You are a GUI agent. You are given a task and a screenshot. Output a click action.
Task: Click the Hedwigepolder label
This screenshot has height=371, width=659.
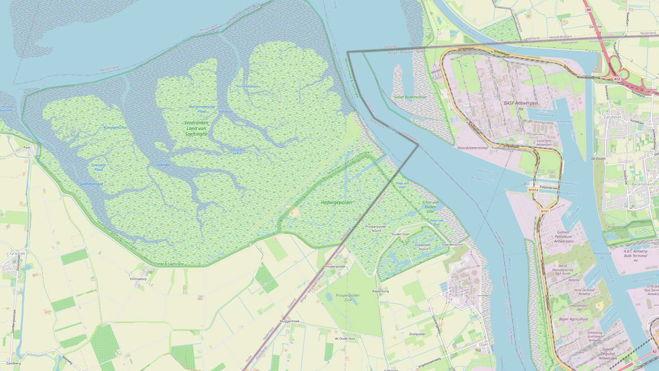coord(336,203)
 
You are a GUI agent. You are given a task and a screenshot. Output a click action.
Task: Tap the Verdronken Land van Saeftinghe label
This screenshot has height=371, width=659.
coord(196,128)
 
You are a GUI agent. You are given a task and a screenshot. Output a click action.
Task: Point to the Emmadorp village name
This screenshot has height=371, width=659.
coord(138,279)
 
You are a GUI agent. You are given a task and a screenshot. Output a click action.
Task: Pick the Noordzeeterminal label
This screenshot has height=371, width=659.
coord(472,148)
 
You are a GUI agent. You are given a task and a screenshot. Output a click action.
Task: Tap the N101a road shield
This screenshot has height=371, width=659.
coord(533,190)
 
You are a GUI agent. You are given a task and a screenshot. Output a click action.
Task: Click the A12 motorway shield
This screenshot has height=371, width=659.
coord(617,79)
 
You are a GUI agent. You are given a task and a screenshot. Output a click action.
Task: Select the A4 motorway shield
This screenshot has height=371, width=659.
coord(588,10)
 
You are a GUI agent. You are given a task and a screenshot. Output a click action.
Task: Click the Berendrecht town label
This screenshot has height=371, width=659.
coord(641,183)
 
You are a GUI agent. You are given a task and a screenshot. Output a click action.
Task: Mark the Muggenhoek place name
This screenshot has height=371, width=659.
coord(289,321)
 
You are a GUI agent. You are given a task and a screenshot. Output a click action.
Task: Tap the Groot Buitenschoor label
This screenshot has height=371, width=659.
coord(410,97)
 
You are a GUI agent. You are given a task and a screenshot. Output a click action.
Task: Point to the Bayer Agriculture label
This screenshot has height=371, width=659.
coord(573,319)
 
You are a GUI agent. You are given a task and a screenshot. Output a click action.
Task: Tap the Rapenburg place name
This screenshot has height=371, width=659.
coord(380,291)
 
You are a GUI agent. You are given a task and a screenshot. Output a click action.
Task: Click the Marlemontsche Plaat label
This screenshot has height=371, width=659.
coord(202,108)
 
